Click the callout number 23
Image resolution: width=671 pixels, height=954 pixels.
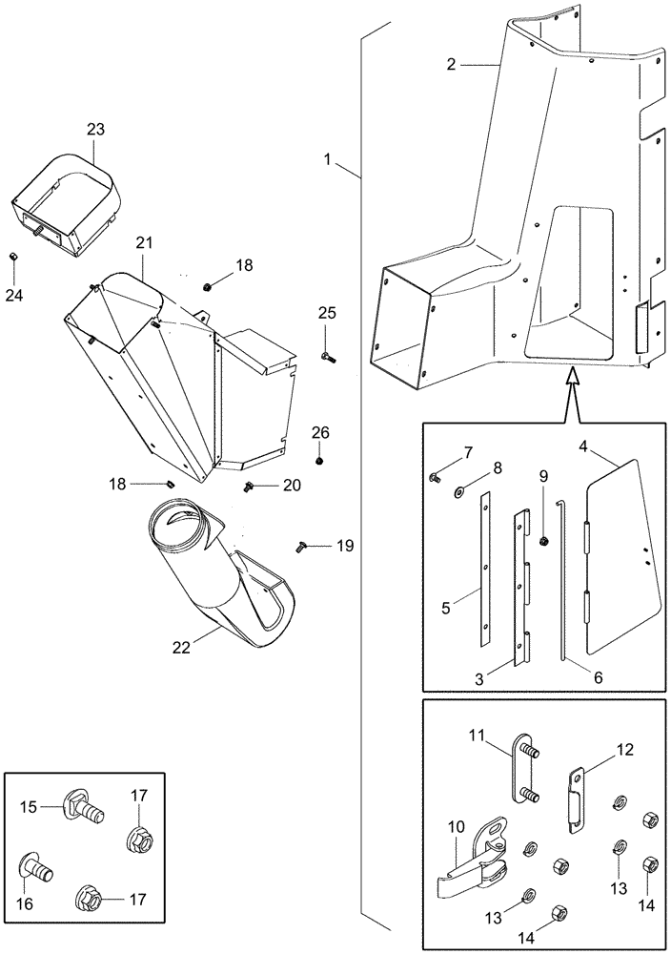[95, 129]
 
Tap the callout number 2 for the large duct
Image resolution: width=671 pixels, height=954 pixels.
[452, 65]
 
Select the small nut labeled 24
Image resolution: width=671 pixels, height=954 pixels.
[14, 257]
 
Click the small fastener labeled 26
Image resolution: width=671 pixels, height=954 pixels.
[319, 460]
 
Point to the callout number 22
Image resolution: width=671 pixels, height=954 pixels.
[182, 646]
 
